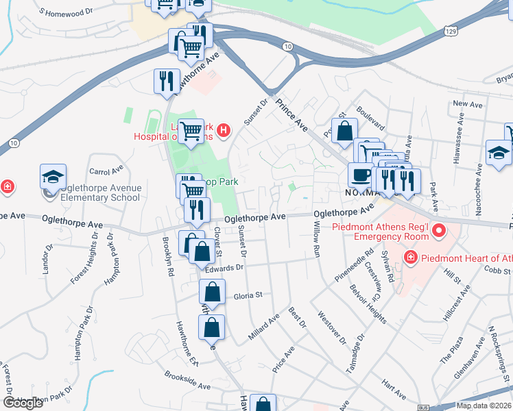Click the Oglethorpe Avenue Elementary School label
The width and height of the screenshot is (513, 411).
93,192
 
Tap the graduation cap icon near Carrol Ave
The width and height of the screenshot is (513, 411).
53,177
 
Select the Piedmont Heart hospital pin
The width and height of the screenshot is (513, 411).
410,258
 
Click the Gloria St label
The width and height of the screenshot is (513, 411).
248,295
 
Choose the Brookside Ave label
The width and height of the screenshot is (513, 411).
187,381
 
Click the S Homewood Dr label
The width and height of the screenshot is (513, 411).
67,12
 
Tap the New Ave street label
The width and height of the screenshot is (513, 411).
468,104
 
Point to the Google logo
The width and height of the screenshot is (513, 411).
23,403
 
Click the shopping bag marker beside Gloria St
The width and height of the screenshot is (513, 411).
213,293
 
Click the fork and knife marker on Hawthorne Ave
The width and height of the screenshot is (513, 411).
167,82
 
